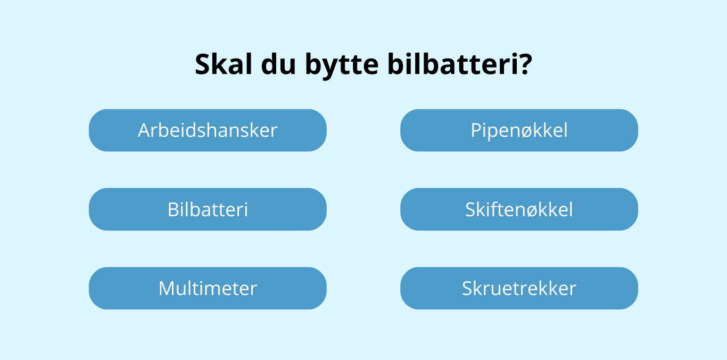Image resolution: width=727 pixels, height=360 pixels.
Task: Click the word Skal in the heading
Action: pyautogui.click(x=222, y=64)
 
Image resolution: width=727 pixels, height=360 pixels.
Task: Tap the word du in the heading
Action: pyautogui.click(x=277, y=64)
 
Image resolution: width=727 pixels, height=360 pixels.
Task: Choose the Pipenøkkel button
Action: pyautogui.click(x=519, y=130)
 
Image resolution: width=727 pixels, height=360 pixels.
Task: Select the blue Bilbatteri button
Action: pyautogui.click(x=208, y=209)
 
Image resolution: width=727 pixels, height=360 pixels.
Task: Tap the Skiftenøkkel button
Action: pyautogui.click(x=519, y=209)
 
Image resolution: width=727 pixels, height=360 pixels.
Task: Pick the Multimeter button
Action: pyautogui.click(x=208, y=288)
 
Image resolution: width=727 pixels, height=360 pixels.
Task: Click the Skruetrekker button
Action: pyautogui.click(x=519, y=288)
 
